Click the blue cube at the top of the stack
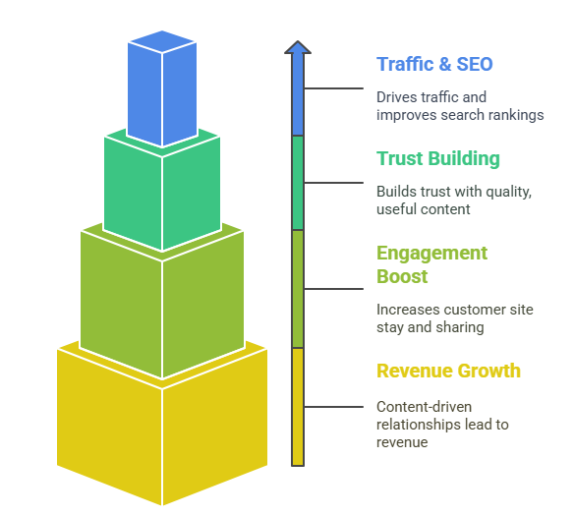[162, 87]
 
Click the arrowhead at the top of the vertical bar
[298, 47]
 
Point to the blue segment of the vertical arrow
[298, 94]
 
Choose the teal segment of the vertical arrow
[298, 183]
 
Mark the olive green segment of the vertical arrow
[298, 289]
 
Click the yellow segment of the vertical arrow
[298, 407]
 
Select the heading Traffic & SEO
[434, 65]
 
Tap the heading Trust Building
[438, 159]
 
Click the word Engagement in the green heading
[431, 254]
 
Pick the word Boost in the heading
[402, 276]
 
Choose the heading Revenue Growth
[448, 371]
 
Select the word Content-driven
[424, 407]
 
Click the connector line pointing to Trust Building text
[333, 183]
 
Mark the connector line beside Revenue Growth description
[333, 407]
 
